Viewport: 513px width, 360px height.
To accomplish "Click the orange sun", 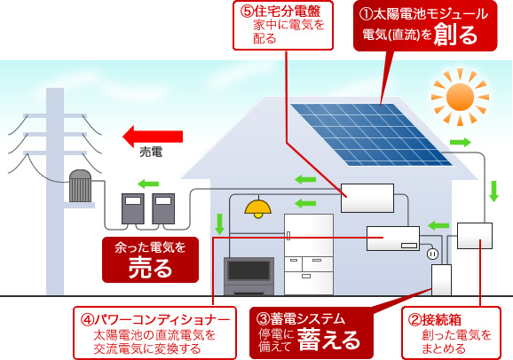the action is pos(460,98).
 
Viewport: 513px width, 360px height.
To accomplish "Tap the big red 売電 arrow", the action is pos(153,137).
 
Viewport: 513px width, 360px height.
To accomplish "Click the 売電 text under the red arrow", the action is pos(151,152).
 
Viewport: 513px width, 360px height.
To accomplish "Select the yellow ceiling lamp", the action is pos(258,208).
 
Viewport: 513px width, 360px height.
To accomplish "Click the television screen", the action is pos(249,270).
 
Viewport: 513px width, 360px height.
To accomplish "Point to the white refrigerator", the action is pos(309,254).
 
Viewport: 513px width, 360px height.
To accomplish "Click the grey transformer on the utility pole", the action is pos(80,185).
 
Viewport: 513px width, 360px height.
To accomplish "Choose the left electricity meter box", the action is pos(133,208).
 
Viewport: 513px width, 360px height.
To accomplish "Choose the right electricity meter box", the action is pos(163,208).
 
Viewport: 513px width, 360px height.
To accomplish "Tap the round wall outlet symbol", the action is pos(432,254).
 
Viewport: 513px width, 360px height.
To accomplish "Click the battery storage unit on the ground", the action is pos(441,280).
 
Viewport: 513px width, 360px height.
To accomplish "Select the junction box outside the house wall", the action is pos(475,236).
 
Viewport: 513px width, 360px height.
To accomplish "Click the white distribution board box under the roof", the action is pos(367,198).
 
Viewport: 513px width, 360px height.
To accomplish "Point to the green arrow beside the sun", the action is pos(461,142).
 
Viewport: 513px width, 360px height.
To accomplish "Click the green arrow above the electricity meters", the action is pos(148,184).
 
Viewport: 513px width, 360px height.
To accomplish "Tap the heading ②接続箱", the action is pos(435,320).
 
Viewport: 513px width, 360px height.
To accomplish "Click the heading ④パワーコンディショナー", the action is pos(155,320).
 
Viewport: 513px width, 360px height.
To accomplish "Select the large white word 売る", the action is pos(150,269).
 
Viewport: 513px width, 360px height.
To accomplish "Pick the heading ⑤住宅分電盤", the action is pos(280,11).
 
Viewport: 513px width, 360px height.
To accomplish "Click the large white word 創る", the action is pos(455,35).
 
